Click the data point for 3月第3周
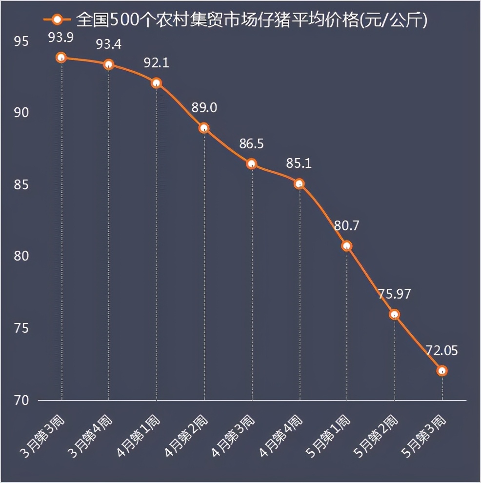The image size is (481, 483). click(x=61, y=58)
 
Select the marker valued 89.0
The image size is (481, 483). click(x=204, y=128)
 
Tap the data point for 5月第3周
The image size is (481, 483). click(x=442, y=371)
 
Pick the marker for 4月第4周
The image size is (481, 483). click(x=299, y=183)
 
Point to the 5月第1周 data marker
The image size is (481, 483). click(x=347, y=246)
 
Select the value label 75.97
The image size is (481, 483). click(x=394, y=294)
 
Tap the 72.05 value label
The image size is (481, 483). click(x=441, y=350)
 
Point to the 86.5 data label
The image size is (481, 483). click(x=251, y=144)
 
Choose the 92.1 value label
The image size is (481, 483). click(x=156, y=63)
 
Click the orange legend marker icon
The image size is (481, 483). click(x=58, y=20)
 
